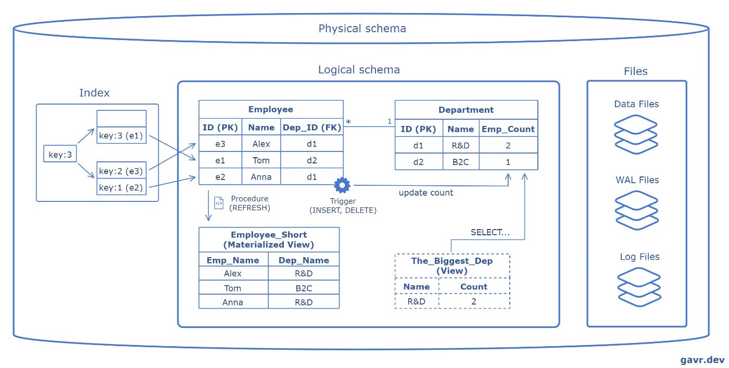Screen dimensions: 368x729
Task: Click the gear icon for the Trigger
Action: click(342, 185)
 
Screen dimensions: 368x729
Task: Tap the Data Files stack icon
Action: click(636, 134)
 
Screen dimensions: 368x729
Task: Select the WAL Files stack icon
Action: click(636, 210)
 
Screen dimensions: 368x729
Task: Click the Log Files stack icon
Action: click(639, 287)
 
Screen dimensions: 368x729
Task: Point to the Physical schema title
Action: click(362, 28)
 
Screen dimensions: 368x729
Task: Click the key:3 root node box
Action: click(60, 155)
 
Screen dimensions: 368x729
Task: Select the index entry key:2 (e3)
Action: click(121, 171)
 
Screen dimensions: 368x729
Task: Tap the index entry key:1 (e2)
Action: click(121, 187)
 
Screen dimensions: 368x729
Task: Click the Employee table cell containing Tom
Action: click(261, 160)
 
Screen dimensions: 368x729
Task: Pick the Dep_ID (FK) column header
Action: click(312, 128)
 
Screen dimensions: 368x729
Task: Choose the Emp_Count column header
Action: click(508, 129)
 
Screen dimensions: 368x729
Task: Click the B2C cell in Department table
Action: click(461, 162)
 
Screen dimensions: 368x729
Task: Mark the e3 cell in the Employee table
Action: click(220, 144)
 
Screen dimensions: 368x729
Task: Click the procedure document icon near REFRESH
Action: click(219, 202)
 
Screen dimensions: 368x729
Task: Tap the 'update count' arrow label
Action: click(426, 193)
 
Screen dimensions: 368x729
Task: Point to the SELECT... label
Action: click(490, 232)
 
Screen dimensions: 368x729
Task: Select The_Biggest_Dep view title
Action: click(452, 265)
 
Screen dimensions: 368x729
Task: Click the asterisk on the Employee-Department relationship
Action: click(348, 122)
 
